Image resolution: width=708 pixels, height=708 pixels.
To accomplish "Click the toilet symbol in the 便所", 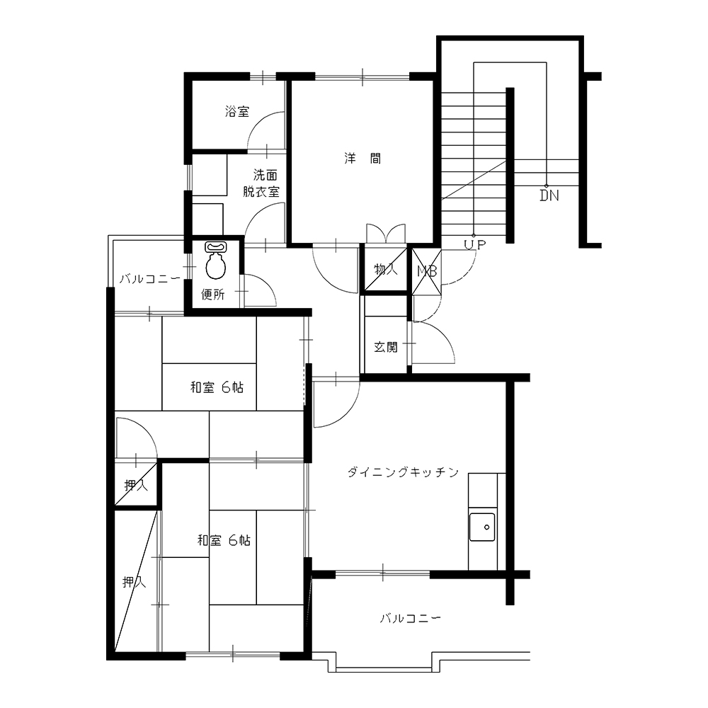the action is (215, 261).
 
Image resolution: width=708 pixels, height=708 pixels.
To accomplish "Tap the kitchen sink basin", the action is (481, 527).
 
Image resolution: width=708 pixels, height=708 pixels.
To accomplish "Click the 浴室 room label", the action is (237, 112).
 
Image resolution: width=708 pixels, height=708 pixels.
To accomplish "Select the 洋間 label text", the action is (362, 159).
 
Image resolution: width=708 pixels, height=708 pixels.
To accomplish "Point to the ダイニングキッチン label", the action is (403, 472).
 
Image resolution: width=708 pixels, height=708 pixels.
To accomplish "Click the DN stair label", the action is (549, 195).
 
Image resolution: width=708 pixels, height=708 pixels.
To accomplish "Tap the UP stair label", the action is (475, 245).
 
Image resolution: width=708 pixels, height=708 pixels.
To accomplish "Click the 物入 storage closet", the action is (385, 269).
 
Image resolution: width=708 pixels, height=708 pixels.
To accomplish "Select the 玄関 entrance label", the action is (386, 347).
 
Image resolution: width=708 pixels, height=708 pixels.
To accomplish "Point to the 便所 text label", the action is (212, 295).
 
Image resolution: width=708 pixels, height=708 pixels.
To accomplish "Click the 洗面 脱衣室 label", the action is (261, 183).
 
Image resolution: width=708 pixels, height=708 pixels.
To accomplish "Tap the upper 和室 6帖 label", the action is (217, 387).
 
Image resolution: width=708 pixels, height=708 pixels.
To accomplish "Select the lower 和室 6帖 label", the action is (224, 540).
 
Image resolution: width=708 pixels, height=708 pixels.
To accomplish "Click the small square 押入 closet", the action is (135, 485).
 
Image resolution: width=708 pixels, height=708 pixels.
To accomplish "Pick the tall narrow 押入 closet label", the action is (134, 582).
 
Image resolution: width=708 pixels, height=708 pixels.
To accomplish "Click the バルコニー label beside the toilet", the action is (150, 279).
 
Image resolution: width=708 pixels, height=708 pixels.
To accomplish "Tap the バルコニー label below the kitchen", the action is (410, 618).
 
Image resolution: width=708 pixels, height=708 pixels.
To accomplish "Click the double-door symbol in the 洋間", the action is (386, 233).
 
